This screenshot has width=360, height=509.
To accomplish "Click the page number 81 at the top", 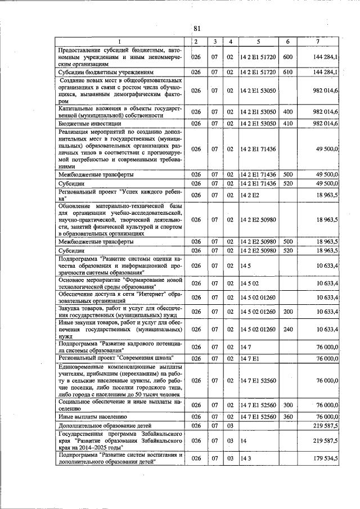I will [197, 29].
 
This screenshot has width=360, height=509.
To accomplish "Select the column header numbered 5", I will [258, 42].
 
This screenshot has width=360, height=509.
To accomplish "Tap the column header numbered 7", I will [318, 42].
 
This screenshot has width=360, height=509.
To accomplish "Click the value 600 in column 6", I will [287, 57].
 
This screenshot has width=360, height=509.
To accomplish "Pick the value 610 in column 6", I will [287, 73].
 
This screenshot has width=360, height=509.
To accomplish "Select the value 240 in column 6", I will [287, 329].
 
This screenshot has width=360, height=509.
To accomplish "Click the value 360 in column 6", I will [287, 417].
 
